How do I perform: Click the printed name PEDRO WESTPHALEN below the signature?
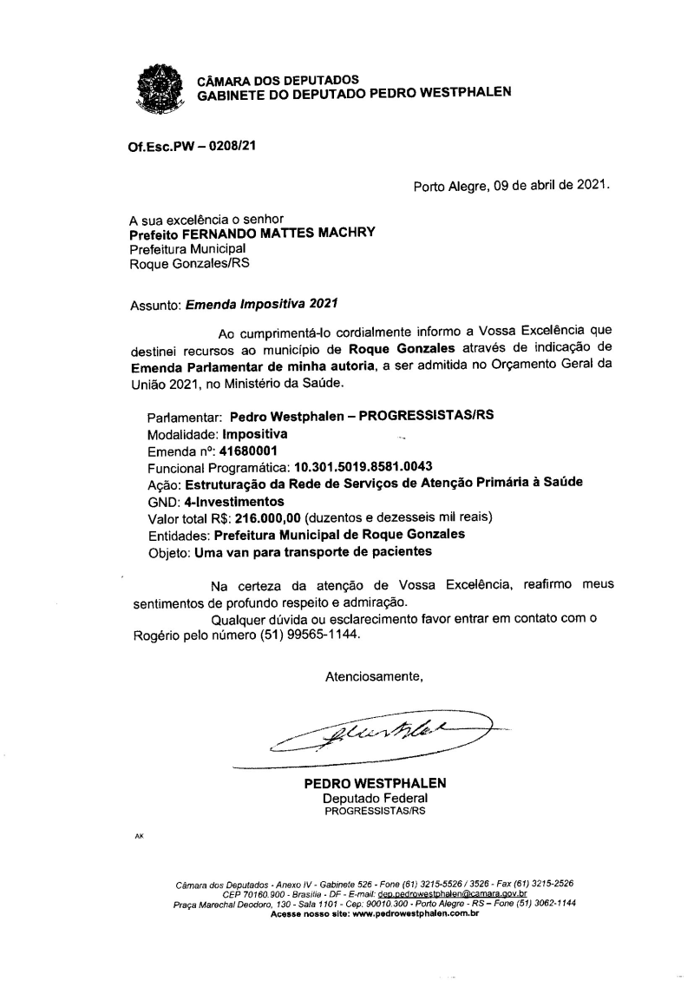(375, 783)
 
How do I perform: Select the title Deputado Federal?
(375, 797)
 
